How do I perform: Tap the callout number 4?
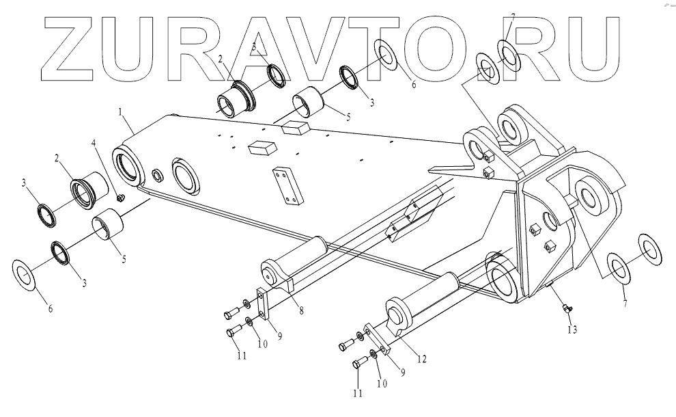click(x=94, y=145)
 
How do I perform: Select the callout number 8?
click(x=300, y=310)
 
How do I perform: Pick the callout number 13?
click(x=572, y=330)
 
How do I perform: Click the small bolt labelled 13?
click(x=565, y=310)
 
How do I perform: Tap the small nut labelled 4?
click(x=120, y=198)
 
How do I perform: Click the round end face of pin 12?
click(x=397, y=316)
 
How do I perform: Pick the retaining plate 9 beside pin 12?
click(x=378, y=339)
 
